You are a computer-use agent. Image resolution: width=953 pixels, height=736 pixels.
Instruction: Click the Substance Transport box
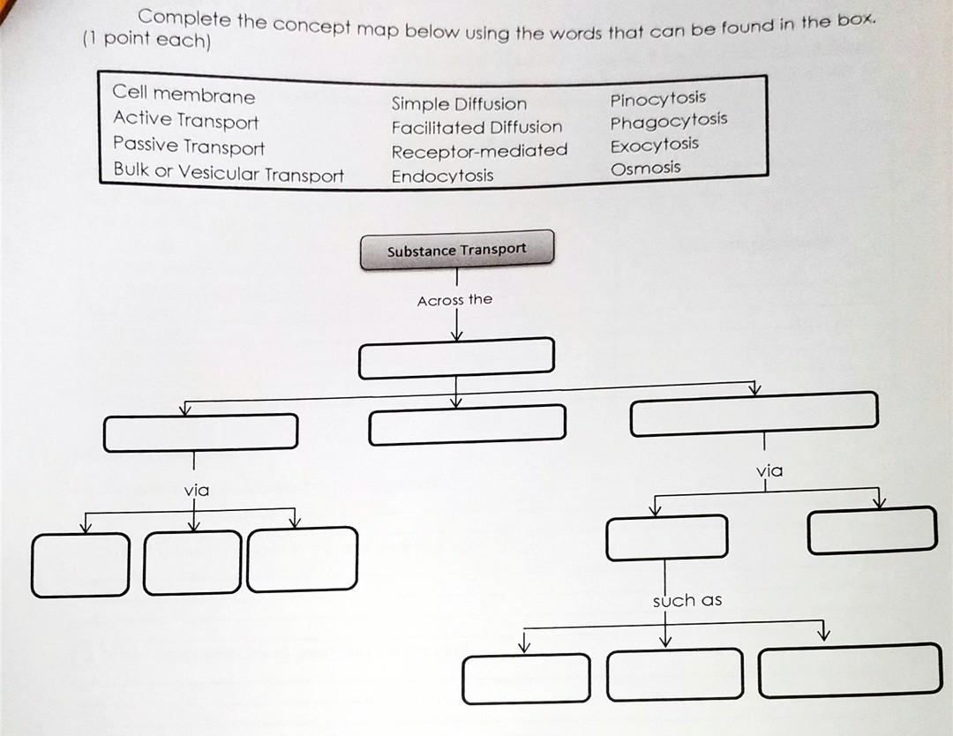click(456, 250)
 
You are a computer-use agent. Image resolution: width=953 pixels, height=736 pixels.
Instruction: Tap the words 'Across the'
click(454, 300)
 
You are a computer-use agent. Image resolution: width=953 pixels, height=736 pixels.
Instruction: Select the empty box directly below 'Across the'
click(456, 357)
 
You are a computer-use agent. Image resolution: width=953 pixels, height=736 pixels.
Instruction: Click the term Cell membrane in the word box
click(184, 94)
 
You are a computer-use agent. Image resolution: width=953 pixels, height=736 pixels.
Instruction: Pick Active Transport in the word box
click(185, 120)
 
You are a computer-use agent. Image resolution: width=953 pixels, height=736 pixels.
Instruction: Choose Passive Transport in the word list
click(188, 146)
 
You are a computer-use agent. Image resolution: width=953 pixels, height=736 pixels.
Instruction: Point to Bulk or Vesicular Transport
click(229, 172)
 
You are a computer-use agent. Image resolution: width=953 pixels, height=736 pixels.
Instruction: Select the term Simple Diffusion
click(459, 104)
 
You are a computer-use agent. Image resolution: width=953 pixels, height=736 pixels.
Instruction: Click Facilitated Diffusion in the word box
click(476, 127)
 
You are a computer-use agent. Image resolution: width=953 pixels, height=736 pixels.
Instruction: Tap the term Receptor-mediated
click(479, 151)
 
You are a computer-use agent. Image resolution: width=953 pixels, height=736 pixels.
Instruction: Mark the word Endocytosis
click(442, 176)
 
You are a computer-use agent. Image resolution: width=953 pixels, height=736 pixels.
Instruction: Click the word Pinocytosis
click(657, 98)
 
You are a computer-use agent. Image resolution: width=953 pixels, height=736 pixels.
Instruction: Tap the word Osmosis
click(645, 168)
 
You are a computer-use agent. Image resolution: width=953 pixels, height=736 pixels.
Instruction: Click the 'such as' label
click(687, 600)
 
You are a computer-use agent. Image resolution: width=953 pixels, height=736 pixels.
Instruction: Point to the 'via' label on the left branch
click(196, 489)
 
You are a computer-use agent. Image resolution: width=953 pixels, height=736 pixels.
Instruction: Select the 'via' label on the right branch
click(769, 470)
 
